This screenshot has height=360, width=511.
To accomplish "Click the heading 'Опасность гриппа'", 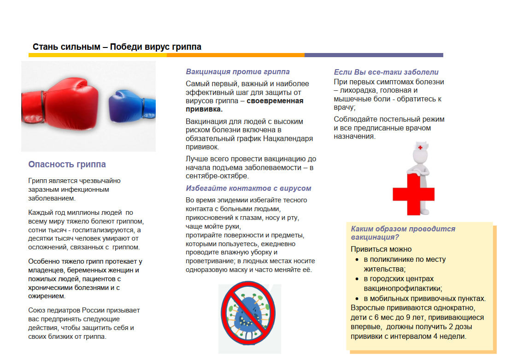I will (67, 165).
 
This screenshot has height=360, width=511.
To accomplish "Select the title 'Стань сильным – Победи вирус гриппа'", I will (117, 47).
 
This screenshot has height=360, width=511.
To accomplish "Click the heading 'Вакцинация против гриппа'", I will (238, 72).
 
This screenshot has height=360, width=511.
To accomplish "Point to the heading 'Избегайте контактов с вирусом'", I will (248, 189).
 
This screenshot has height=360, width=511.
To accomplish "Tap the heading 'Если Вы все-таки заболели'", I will (386, 72).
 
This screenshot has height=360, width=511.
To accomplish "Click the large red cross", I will (413, 194).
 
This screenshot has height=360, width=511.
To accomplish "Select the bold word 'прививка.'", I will (204, 110).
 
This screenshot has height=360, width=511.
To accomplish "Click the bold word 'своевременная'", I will (275, 101).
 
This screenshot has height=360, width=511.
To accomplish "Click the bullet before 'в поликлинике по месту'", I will (357, 260).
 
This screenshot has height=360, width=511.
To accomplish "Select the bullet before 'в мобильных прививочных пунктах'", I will (357, 299).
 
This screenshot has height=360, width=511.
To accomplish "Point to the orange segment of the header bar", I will (235, 55).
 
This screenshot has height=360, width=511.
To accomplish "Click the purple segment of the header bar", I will (374, 55).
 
